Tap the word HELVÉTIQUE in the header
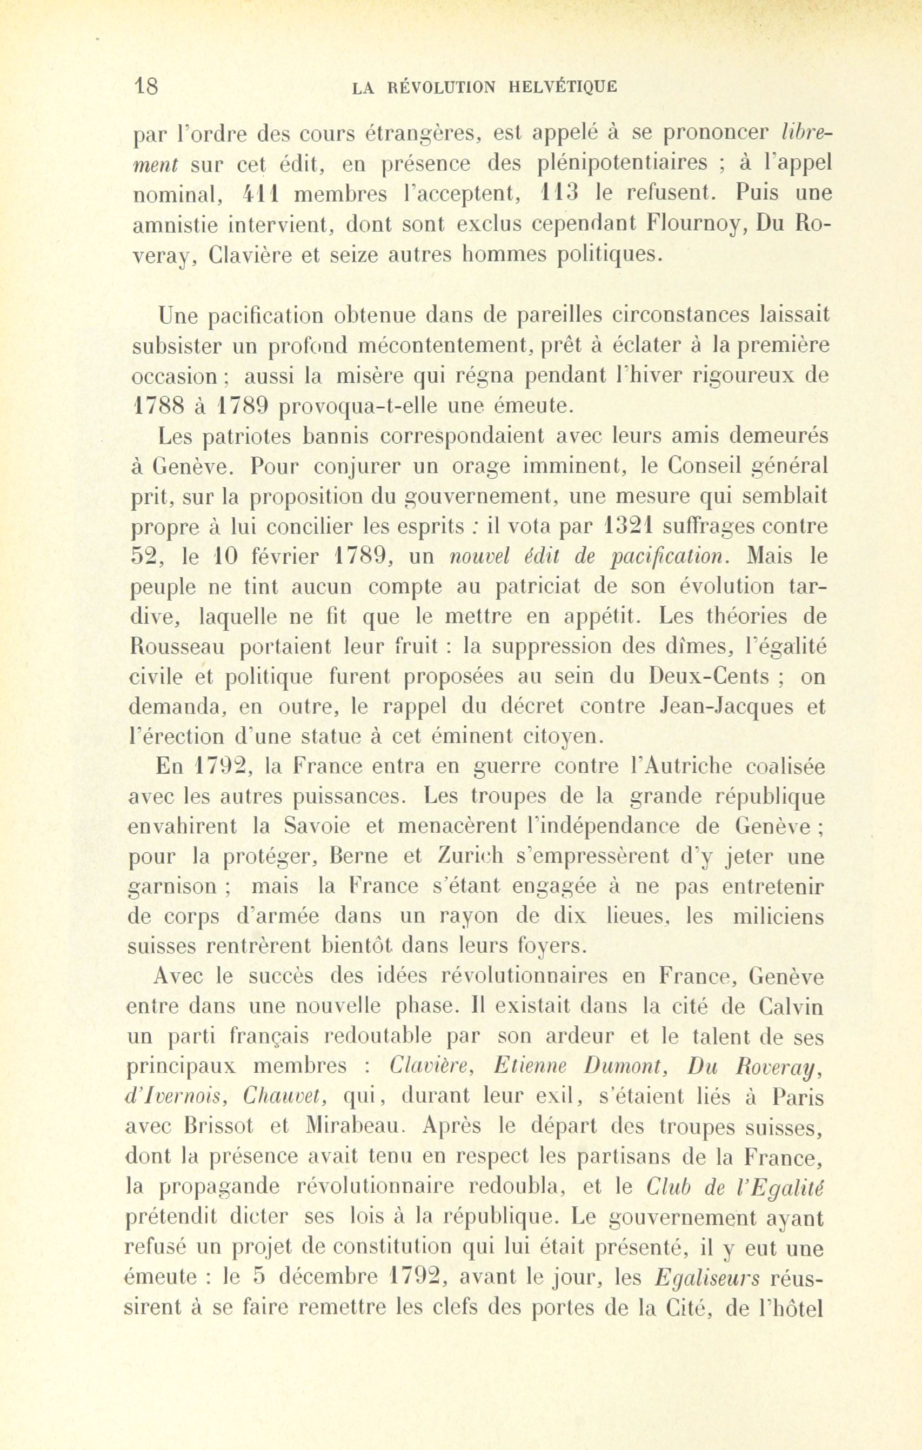(563, 88)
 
